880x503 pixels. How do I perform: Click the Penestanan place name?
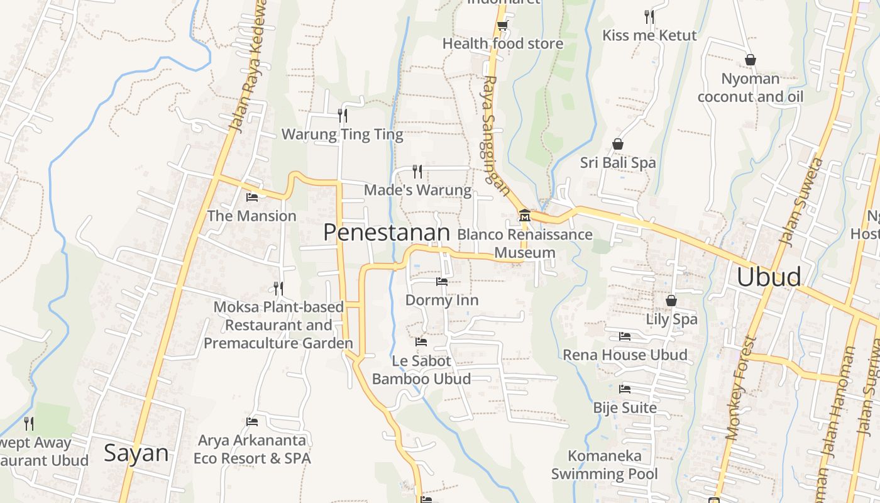tap(387, 233)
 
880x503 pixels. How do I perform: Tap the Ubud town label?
tap(769, 277)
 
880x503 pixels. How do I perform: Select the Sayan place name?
tap(136, 453)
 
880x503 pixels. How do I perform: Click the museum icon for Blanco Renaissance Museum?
tap(524, 217)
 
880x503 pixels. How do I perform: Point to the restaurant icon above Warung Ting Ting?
tap(343, 115)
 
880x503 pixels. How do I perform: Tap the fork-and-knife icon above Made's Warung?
tap(417, 171)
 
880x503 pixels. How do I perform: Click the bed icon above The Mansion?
tap(252, 197)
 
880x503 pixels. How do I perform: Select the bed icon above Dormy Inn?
tap(442, 282)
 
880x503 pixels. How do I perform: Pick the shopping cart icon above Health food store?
tap(502, 26)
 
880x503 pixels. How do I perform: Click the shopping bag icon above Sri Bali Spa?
tap(618, 144)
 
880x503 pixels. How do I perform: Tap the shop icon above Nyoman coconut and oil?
tap(750, 60)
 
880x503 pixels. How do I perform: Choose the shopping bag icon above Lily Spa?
tap(671, 301)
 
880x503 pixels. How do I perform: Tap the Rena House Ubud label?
tap(625, 355)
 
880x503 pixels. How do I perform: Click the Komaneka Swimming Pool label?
tap(605, 465)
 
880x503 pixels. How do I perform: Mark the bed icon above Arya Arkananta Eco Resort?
tap(252, 421)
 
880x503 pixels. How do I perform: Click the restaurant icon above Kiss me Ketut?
tap(649, 16)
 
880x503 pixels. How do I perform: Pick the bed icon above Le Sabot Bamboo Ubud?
tap(421, 342)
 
